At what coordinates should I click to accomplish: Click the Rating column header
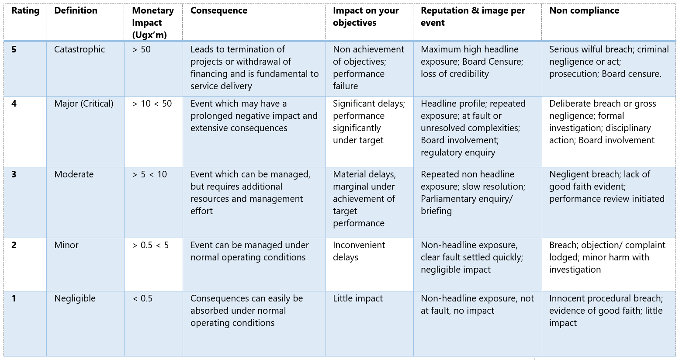[x=25, y=11]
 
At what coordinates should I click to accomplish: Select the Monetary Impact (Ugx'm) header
[x=153, y=23]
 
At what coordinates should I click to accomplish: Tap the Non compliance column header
[x=584, y=11]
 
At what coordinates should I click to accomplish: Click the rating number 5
[x=14, y=49]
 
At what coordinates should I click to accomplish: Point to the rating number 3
[x=14, y=174]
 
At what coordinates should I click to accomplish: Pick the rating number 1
[x=14, y=298]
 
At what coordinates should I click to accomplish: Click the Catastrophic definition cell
[x=80, y=49]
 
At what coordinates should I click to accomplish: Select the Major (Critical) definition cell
[x=83, y=104]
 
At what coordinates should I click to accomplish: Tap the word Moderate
[x=74, y=174]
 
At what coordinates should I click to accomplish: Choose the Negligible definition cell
[x=75, y=298]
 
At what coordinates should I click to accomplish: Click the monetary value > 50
[x=142, y=49]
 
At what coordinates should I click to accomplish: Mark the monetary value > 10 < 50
[x=152, y=104]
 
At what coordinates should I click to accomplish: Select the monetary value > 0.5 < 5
[x=150, y=245]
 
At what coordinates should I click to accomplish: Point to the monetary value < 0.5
[x=142, y=298]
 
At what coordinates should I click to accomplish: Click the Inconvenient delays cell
[x=359, y=251]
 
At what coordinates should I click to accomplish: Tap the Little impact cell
[x=357, y=298]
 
